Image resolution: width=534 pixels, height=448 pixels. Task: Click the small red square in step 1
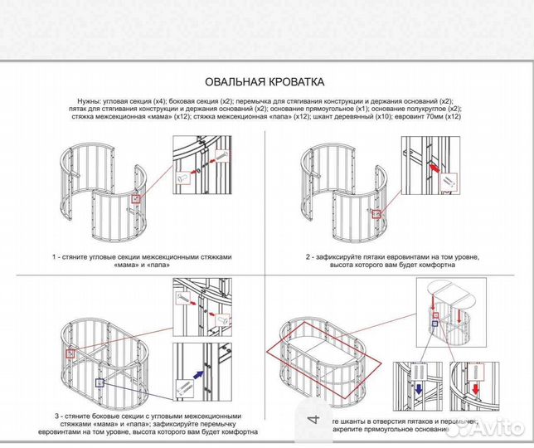coord(136,199)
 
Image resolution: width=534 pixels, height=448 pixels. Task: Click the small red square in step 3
coord(72,353)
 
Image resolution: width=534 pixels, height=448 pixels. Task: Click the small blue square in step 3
coord(100,382)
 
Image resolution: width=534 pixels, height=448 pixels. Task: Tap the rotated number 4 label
coord(313,420)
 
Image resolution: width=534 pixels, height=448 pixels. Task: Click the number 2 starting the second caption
coord(308,257)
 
